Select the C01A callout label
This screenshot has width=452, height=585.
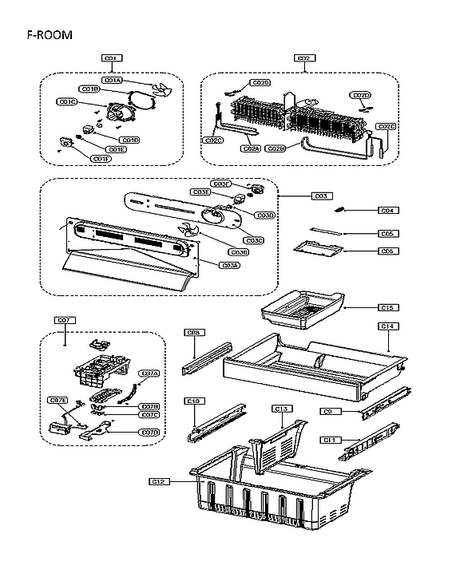click(x=112, y=80)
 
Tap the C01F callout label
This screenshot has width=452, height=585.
click(x=101, y=159)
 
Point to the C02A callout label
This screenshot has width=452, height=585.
click(x=250, y=148)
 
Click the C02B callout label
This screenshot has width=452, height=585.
click(x=276, y=148)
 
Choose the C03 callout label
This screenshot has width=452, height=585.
click(x=322, y=196)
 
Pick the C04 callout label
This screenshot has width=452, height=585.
click(x=387, y=211)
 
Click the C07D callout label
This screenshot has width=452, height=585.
click(x=149, y=432)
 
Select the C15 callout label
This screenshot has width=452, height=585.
click(x=387, y=307)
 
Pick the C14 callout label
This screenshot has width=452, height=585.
click(x=387, y=326)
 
